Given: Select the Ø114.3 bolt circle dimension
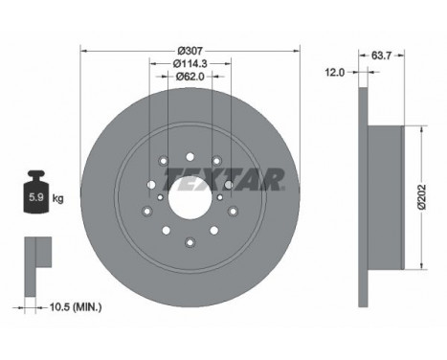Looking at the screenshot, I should (x=190, y=63).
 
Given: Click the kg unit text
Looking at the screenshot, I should (x=58, y=199).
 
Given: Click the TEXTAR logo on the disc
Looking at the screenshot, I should (x=224, y=178).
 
